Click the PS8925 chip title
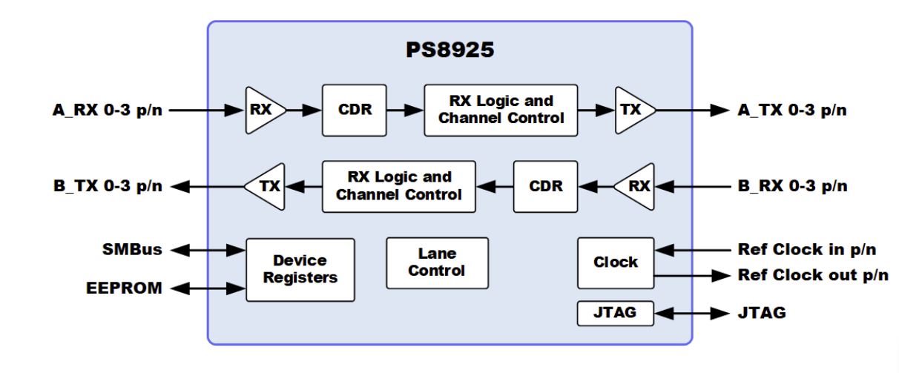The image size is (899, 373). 449,50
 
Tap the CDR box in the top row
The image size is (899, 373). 355,110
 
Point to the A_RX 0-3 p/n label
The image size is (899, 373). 107,110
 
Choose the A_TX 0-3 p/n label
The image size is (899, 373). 792,110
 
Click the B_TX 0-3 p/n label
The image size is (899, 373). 107,186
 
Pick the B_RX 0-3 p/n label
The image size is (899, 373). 792,186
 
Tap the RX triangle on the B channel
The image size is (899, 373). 636,186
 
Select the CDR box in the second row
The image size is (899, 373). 545,186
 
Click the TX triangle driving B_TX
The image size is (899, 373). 266,186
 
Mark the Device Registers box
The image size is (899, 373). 300,269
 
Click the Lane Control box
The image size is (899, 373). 437,263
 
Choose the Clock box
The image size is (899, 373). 616,263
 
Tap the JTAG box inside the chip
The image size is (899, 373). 615,313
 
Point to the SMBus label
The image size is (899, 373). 131,250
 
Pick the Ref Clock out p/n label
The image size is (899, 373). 812,275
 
